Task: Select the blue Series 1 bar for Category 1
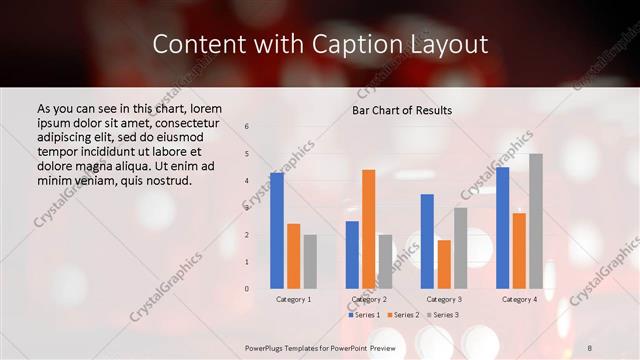coord(277,230)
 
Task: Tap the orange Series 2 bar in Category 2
coord(369,228)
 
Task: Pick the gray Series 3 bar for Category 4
coord(536,220)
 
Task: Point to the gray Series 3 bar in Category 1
coord(310,261)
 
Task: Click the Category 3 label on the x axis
coord(444,299)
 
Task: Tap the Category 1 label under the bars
coord(294,299)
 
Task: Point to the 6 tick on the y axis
coord(247,127)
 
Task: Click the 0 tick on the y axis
coord(247,288)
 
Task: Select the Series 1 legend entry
coord(364,315)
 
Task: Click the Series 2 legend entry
coord(403,315)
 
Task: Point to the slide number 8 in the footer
coord(590,347)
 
